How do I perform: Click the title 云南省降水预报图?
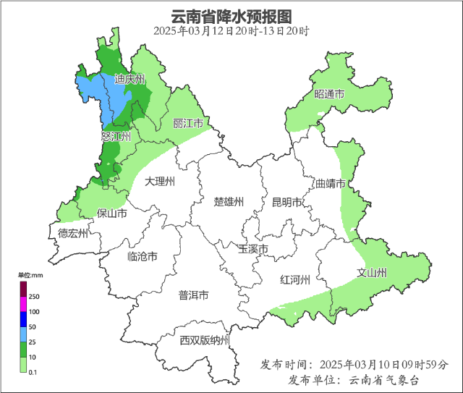coord(231,15)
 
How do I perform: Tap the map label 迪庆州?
coord(130,80)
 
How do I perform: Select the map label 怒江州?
coord(116,136)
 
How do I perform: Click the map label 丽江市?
coord(187,124)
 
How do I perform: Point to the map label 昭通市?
coord(328,95)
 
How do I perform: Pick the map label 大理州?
coord(159,181)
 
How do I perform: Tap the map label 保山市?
coord(111,214)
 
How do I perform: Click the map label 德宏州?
coord(73,233)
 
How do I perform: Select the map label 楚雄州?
coord(229,202)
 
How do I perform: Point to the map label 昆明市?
coord(286,203)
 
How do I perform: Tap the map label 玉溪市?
coord(253,249)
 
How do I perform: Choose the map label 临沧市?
coord(142,256)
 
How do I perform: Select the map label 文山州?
coord(373,273)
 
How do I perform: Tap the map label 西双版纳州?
coord(205,340)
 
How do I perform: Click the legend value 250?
coord(34,297)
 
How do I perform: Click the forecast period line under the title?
coord(231,31)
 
